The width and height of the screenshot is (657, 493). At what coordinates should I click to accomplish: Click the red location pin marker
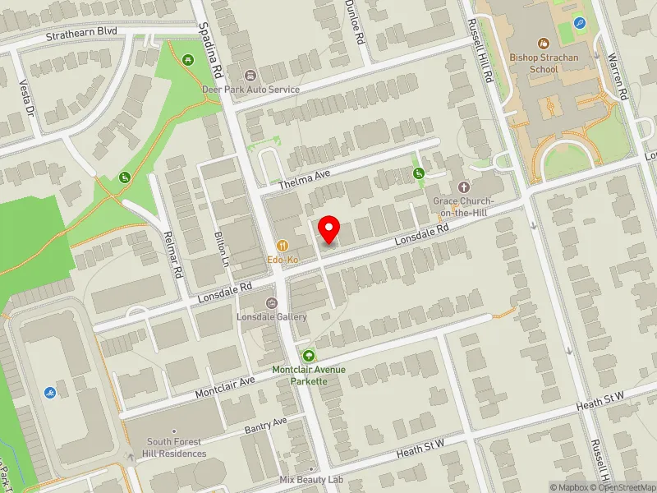329,229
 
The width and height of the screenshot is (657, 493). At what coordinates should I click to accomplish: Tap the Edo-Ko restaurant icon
283,245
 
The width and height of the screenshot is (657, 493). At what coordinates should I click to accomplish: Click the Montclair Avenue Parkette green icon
309,356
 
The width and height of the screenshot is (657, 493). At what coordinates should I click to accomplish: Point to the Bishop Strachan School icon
543,43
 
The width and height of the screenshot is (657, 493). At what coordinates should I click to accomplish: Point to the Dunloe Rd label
354,21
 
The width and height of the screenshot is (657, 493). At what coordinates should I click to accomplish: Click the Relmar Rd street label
175,257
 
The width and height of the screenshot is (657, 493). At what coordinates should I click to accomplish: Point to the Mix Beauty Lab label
310,480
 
